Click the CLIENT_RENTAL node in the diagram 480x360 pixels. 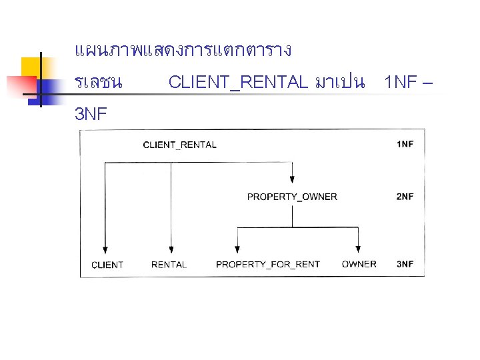coord(179,145)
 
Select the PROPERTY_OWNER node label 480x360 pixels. coord(292,197)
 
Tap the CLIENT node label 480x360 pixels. coord(107,265)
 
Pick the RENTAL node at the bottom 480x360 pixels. coord(169,265)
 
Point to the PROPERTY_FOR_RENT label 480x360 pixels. coord(267,265)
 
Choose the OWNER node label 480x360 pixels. coord(359,264)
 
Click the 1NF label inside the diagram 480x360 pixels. coord(405,145)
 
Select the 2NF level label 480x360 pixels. coord(405,197)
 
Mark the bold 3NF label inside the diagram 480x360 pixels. coord(405,264)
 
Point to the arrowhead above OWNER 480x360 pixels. coord(359,247)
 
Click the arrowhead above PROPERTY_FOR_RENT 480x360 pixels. coord(238,247)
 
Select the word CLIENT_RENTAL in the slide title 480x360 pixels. coord(238,83)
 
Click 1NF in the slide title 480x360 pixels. coord(401,83)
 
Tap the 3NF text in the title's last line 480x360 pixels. coord(91,115)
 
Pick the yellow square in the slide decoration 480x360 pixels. coord(33,67)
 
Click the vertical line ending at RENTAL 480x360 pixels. coord(171,207)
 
